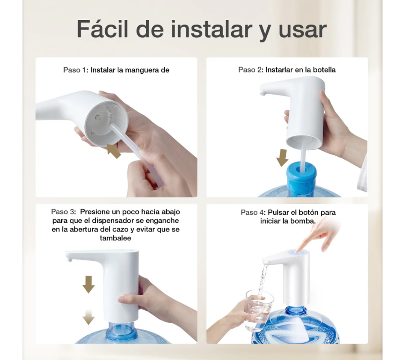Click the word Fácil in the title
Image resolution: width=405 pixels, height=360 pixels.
(103, 29)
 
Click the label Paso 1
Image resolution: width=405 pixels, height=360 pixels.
(76, 70)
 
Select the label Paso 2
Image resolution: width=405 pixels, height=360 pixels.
(251, 70)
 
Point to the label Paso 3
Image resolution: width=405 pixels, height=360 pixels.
(63, 212)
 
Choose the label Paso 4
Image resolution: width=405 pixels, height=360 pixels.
(253, 212)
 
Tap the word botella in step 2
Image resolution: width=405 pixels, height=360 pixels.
(324, 70)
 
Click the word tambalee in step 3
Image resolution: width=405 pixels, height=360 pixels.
(116, 238)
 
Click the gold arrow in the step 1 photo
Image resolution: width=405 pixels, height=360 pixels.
(114, 151)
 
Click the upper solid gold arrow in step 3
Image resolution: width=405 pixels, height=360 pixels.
(89, 284)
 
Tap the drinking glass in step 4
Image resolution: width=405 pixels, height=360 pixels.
(259, 310)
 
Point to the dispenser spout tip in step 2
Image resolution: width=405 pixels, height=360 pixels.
(262, 93)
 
